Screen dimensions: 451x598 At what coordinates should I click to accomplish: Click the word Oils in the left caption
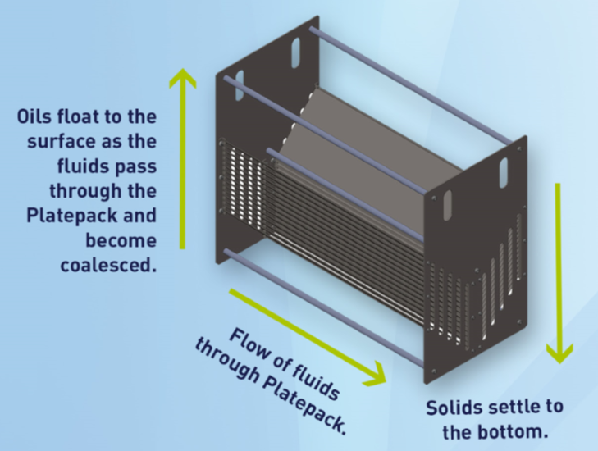(34, 116)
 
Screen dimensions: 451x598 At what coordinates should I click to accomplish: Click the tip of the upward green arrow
(183, 72)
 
